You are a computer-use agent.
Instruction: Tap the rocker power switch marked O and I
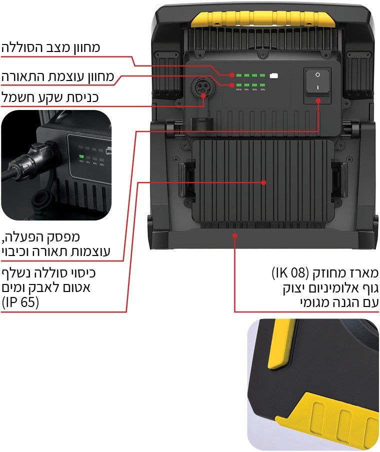tap(317, 80)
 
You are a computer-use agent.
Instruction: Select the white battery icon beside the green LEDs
tap(273, 75)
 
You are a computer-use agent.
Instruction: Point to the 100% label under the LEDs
tap(238, 90)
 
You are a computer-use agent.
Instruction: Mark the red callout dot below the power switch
tap(319, 101)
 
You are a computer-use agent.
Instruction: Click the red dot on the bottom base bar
tap(234, 233)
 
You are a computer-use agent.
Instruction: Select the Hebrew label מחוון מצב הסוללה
tap(50, 48)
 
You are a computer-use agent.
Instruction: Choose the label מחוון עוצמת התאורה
tap(57, 77)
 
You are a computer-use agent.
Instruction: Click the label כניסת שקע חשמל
tap(49, 97)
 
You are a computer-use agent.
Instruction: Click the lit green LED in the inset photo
tap(80, 156)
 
